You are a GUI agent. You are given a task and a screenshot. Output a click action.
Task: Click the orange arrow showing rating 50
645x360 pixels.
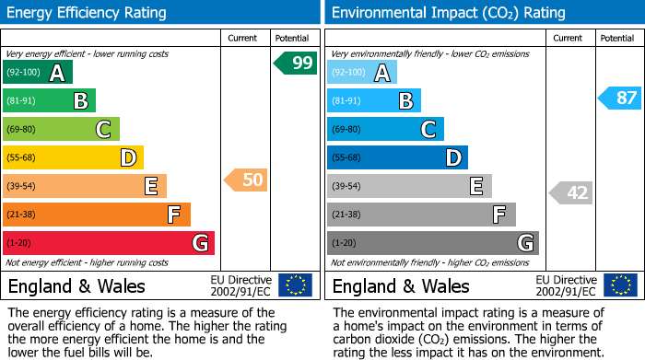246,180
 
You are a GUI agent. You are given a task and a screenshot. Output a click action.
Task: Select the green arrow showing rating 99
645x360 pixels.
296,64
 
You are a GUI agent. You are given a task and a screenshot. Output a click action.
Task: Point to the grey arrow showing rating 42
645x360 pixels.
570,192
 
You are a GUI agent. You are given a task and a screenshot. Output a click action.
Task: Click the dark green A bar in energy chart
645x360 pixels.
38,73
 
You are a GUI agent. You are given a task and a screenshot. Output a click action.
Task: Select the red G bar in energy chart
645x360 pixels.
109,243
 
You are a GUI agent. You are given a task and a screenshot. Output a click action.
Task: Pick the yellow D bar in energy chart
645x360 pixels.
73,157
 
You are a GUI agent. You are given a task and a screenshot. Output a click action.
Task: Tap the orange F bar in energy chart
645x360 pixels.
97,215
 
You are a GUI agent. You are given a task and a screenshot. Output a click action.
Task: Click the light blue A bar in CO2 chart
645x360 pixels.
362,73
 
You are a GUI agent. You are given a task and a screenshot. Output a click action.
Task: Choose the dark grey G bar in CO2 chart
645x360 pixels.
432,243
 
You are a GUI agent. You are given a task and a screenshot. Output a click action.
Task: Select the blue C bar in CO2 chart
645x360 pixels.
385,129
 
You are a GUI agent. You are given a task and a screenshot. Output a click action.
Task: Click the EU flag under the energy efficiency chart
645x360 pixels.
295,285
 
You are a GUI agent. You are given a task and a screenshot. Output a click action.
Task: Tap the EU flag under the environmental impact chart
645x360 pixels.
619,285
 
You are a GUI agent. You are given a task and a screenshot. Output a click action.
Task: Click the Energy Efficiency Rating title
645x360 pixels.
88,13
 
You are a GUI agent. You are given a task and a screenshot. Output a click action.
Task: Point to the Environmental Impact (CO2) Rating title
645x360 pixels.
448,13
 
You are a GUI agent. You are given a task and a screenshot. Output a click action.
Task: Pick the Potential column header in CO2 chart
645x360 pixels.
617,38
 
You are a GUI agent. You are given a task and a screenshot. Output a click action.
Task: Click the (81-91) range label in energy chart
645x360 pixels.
22,101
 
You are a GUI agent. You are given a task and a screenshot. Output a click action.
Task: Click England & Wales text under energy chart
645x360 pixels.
76,285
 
